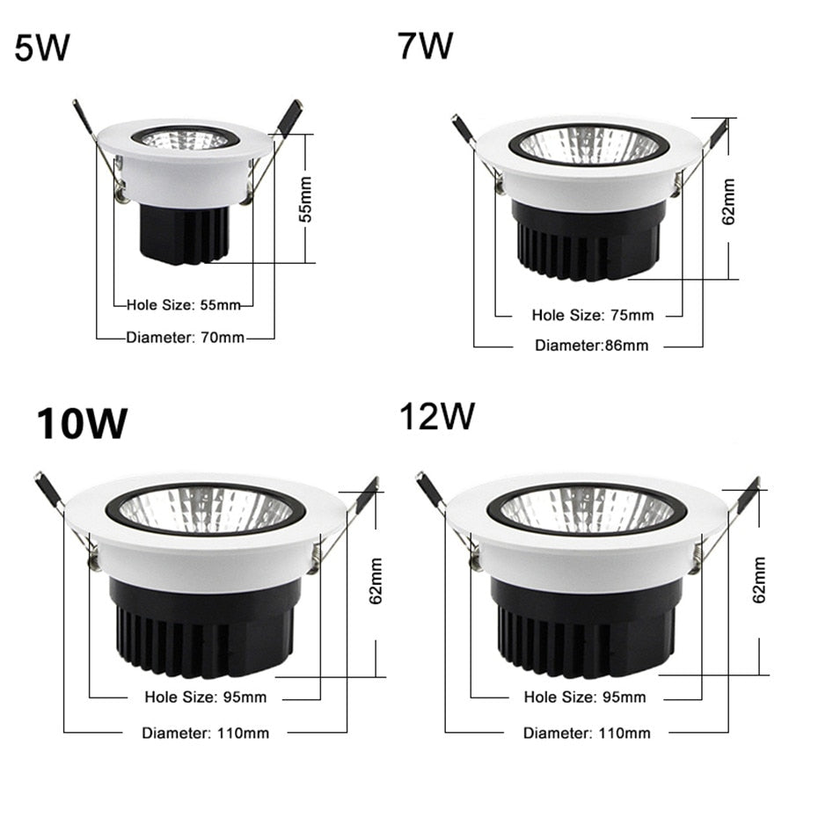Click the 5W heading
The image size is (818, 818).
click(x=41, y=48)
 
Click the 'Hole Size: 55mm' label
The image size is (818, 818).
click(x=183, y=305)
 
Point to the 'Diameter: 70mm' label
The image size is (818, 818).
click(x=186, y=337)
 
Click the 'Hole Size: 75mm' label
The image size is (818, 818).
click(x=593, y=314)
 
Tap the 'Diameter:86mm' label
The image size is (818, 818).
click(x=591, y=345)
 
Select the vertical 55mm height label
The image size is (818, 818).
click(x=305, y=205)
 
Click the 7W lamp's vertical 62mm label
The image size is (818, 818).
click(x=728, y=202)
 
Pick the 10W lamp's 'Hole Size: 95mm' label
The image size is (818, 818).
click(x=205, y=697)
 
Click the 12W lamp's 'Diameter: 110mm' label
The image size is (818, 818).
click(x=587, y=732)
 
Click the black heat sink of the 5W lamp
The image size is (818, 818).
click(x=183, y=233)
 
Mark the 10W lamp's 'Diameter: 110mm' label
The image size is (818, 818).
click(x=206, y=732)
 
